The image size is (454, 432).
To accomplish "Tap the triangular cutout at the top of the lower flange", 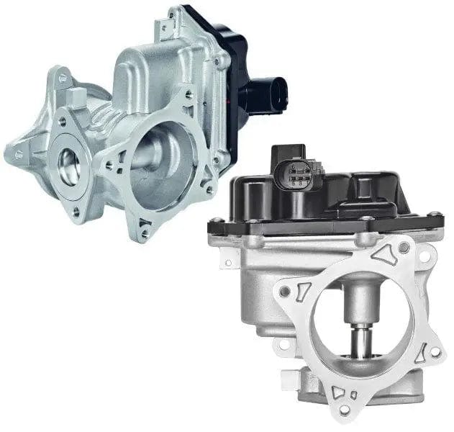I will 381,251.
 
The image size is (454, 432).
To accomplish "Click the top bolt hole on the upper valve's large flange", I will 188,94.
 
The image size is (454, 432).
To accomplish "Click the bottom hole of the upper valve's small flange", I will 77,211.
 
